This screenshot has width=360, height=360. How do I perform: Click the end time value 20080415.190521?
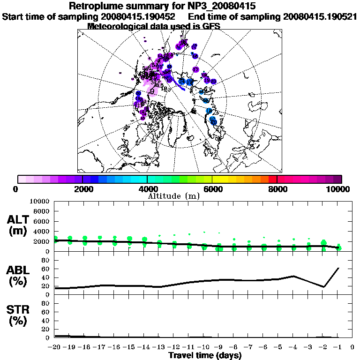pos(320,16)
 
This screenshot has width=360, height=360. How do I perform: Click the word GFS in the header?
pos(210,26)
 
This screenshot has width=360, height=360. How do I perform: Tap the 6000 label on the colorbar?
pos(213,189)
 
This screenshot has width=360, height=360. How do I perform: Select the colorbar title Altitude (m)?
pos(180,195)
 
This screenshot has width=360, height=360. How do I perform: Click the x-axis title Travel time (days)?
pos(205,355)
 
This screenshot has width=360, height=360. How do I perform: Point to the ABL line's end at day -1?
pos(338,268)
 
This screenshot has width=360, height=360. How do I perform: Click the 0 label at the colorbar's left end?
pos(16,189)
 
